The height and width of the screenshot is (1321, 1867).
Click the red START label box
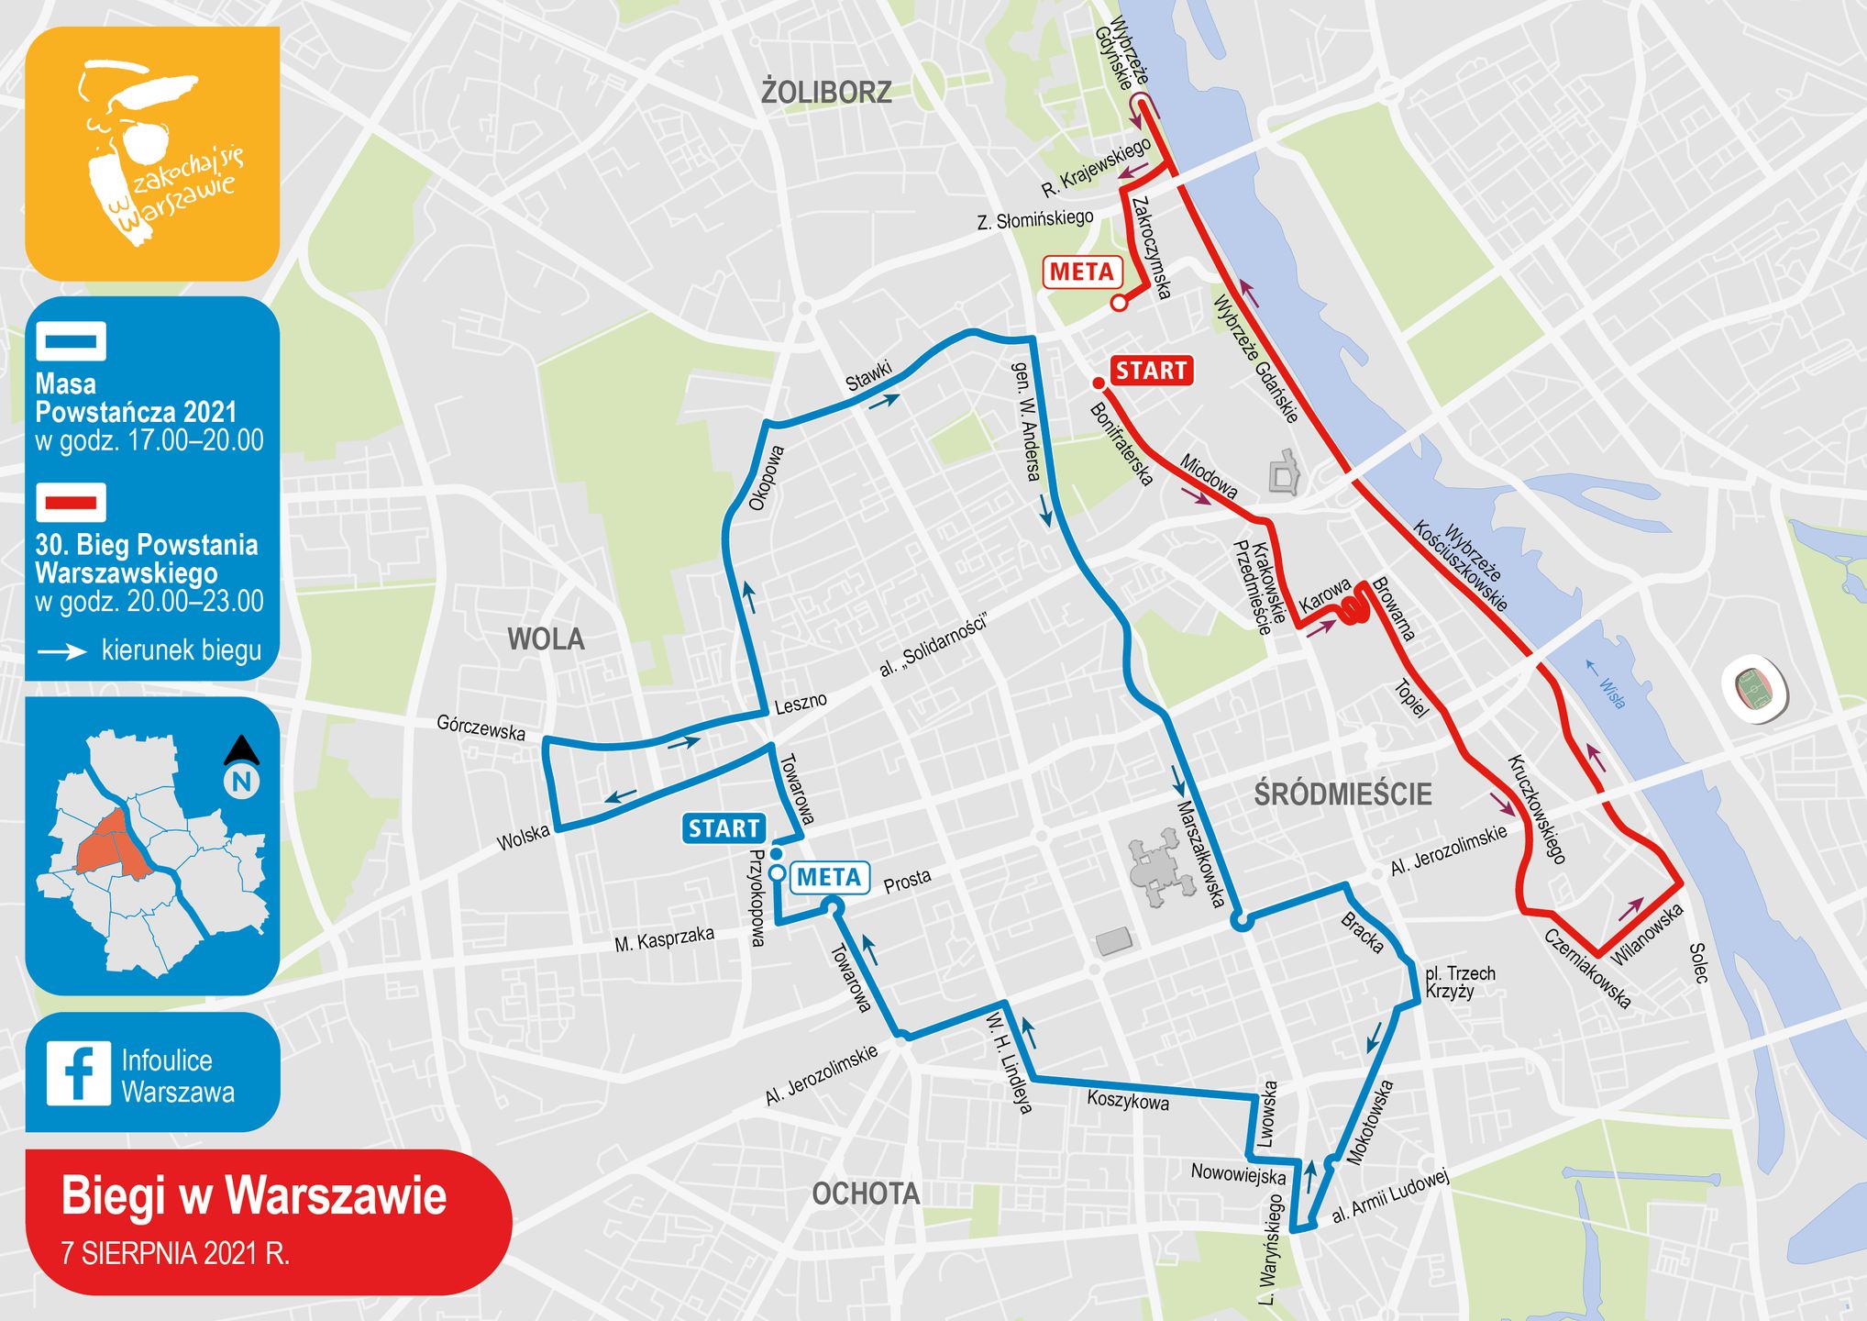1151,371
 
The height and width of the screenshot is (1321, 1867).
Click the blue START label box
724,828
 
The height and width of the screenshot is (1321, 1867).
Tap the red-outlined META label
1082,272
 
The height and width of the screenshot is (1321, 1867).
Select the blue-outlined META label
829,878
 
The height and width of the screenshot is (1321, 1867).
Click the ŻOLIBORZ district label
826,93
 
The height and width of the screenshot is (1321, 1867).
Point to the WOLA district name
546,638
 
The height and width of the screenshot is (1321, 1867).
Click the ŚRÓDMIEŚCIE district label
1342,794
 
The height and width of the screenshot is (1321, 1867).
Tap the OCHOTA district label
866,1193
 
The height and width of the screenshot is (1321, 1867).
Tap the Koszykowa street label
1128,1100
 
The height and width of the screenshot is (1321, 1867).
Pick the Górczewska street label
481,727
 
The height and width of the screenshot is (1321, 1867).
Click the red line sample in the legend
71,502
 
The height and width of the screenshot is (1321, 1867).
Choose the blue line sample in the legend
71,341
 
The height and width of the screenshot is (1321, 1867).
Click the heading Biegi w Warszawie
254,1196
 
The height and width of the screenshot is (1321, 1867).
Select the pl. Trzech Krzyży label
1460,982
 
